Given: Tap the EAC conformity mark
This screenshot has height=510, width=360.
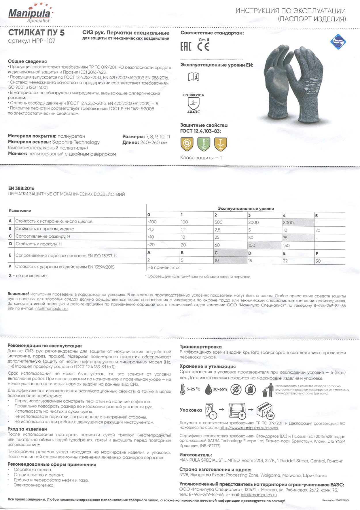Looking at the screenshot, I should pyautogui.click(x=186, y=47).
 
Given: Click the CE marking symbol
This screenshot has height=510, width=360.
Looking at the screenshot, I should pyautogui.click(x=203, y=47).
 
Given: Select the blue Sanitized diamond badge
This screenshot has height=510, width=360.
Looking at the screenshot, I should pyautogui.click(x=338, y=41).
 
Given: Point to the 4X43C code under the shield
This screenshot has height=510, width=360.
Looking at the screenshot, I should pyautogui.click(x=194, y=112).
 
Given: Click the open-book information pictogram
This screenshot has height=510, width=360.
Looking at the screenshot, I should pyautogui.click(x=194, y=77).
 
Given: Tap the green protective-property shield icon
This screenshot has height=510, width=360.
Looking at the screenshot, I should pyautogui.click(x=204, y=144).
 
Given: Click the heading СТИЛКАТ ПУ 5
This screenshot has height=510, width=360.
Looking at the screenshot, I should pyautogui.click(x=36, y=33).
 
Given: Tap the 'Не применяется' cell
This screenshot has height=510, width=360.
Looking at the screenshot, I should pyautogui.click(x=164, y=268).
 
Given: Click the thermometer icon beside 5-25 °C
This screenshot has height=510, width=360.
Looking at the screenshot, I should pyautogui.click(x=183, y=389).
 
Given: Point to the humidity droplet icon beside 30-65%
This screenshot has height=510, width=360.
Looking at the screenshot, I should pyautogui.click(x=208, y=389).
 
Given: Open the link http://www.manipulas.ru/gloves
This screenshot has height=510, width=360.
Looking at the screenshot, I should pyautogui.click(x=249, y=428).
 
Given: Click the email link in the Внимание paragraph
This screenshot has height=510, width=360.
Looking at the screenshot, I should pyautogui.click(x=51, y=308).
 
